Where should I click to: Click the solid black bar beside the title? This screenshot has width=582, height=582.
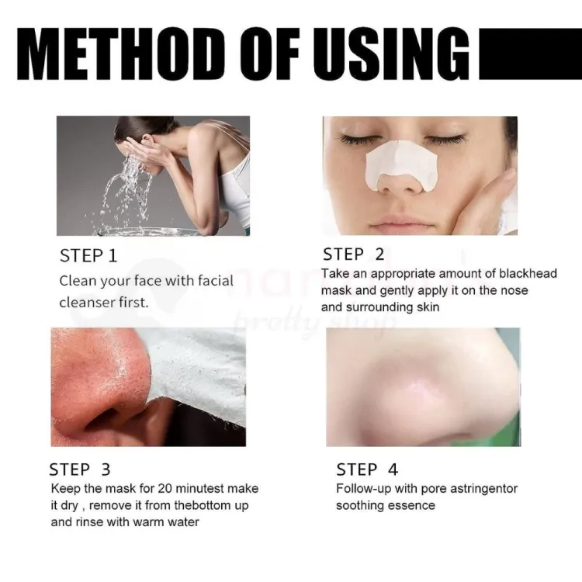[x=531, y=54]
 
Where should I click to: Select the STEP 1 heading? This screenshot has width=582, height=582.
[x=88, y=256]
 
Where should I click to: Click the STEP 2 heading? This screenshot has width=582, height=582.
[x=353, y=255]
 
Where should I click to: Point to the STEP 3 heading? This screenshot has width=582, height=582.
[x=80, y=469]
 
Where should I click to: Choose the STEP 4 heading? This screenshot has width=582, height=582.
[x=367, y=469]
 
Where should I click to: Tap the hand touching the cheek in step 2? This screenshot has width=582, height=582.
[x=497, y=197]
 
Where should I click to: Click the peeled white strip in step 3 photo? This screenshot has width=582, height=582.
[x=197, y=375]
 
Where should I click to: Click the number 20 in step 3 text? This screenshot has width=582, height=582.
[x=165, y=488]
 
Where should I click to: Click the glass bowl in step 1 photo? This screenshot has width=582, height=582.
[x=148, y=232]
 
